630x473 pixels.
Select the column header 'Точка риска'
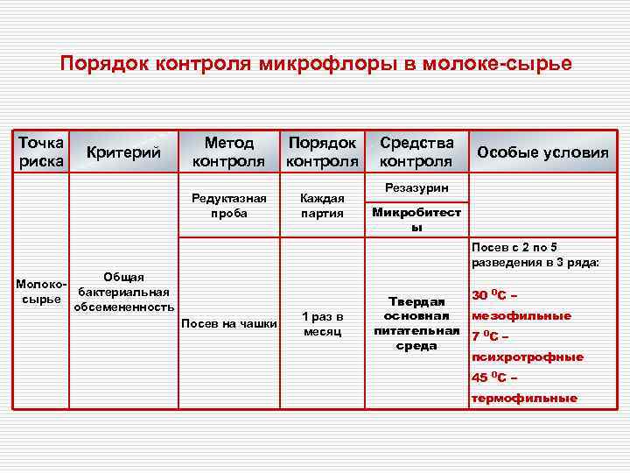40,152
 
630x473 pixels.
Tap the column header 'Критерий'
124,152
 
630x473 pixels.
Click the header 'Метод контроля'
228,152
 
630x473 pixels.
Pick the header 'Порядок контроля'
323,152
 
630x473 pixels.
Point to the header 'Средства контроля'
416,152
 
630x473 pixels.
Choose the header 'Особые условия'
542,152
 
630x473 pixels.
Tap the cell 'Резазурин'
416,188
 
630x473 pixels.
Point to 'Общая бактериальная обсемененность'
123,292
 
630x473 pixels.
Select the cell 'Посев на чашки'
228,324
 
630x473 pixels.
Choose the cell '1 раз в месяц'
323,323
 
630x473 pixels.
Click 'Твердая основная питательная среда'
416,323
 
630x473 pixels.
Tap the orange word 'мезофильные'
521,315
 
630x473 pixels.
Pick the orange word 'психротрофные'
528,357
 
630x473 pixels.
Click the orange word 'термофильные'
524,398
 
